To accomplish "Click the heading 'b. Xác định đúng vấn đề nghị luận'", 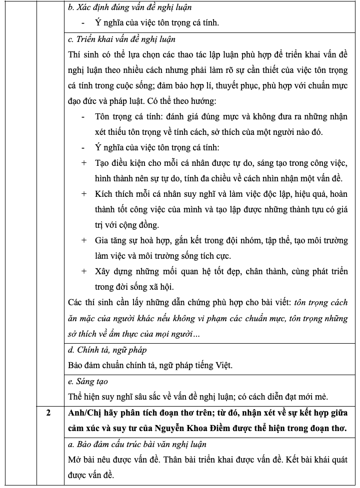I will (130, 7).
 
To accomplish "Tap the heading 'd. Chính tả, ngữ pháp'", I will (107, 350).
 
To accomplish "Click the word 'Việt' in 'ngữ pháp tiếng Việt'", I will (223, 365).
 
